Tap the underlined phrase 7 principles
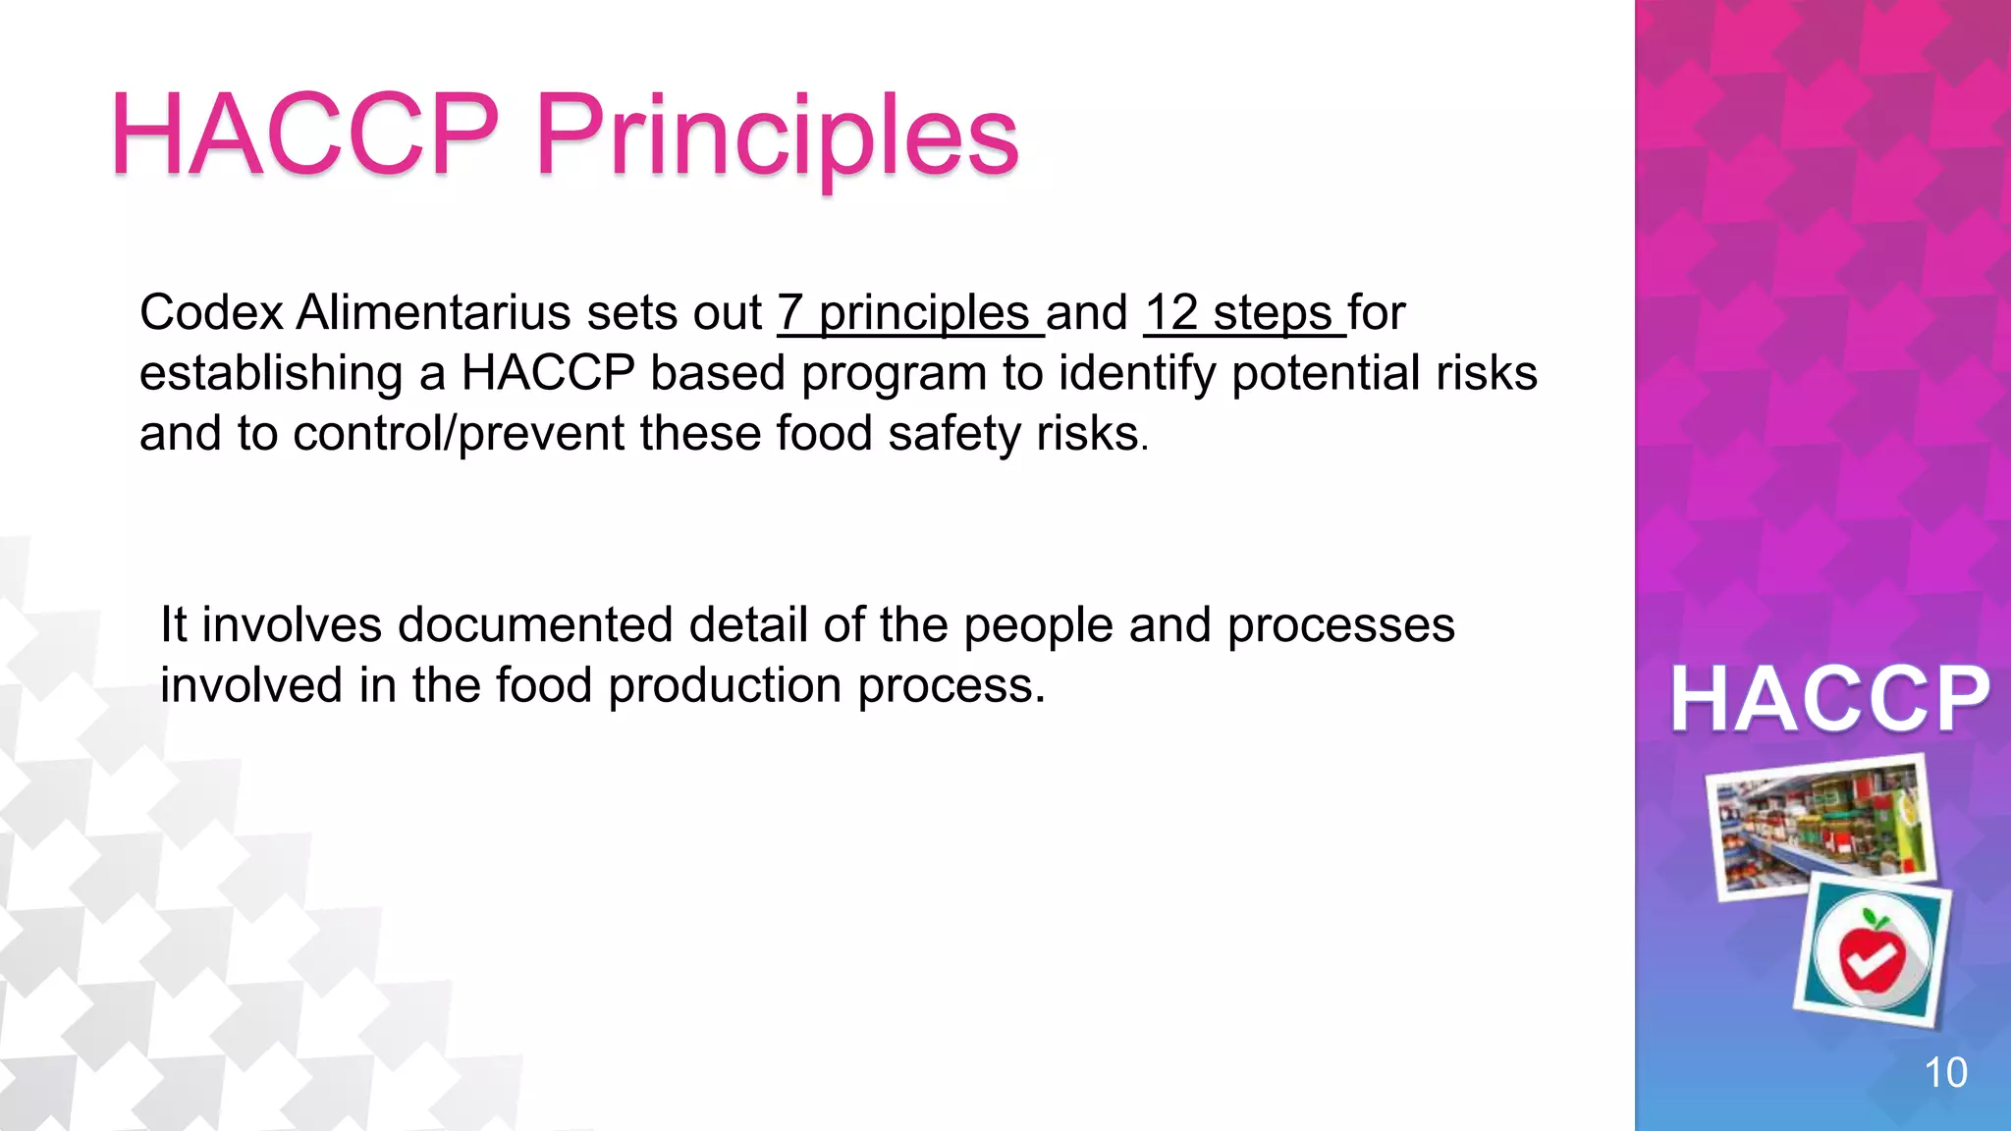tap(910, 313)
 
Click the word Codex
tap(212, 313)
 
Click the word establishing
tap(271, 374)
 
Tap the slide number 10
tap(1944, 1072)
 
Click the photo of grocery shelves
tap(1822, 825)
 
